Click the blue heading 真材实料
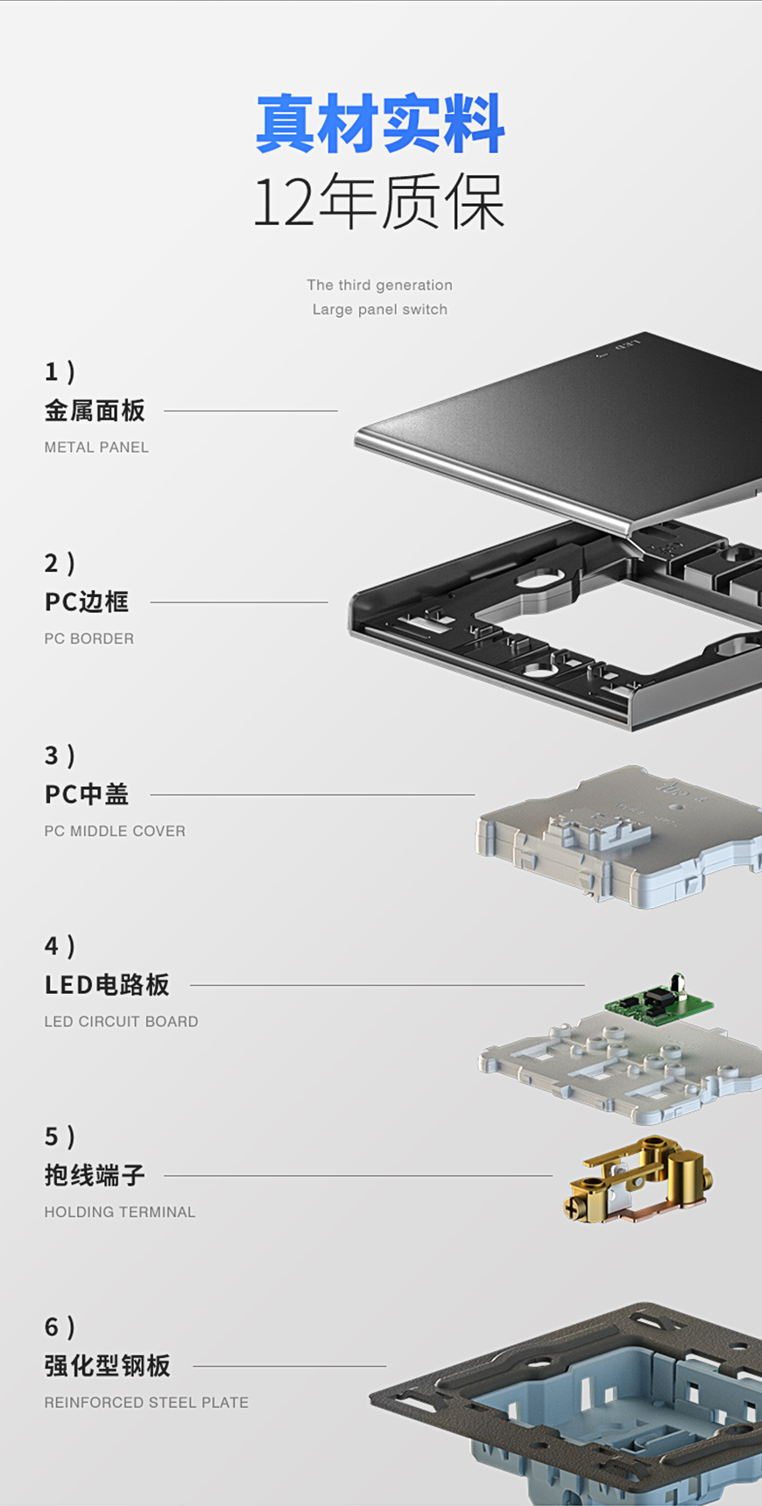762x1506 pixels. point(380,123)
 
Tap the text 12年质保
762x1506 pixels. point(379,201)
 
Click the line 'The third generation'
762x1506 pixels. point(379,285)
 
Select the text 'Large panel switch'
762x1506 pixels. point(379,310)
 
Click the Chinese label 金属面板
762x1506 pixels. point(95,411)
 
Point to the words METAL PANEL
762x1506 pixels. point(96,447)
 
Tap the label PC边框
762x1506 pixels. point(87,602)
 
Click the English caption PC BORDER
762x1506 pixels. point(89,639)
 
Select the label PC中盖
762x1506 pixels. point(87,794)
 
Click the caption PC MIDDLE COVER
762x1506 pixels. point(115,831)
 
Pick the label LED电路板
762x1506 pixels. point(107,985)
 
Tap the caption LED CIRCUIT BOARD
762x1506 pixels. point(121,1022)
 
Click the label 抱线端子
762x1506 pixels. point(95,1176)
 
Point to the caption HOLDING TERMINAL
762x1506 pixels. point(120,1213)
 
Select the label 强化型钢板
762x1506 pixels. point(107,1366)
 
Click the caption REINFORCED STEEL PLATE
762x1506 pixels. point(146,1403)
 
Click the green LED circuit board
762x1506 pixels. point(657,1002)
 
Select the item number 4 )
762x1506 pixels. point(60,947)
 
